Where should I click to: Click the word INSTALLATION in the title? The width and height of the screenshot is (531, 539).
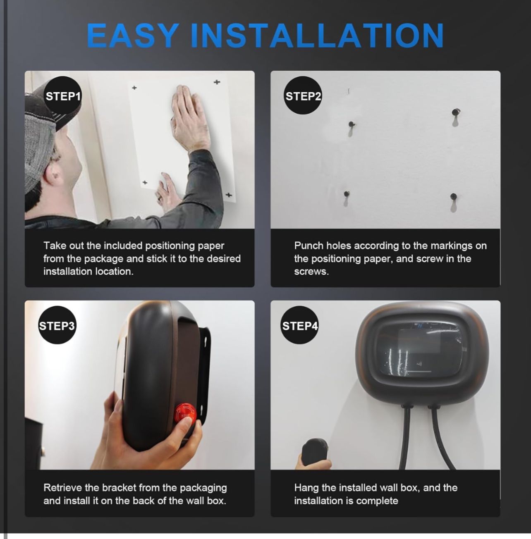click(x=317, y=36)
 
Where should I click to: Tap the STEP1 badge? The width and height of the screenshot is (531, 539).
click(x=63, y=96)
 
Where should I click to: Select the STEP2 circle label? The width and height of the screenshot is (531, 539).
click(x=303, y=96)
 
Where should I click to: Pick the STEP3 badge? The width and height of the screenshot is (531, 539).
click(x=57, y=326)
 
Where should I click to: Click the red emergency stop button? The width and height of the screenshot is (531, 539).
click(x=185, y=415)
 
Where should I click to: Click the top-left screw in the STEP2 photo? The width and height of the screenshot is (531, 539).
click(x=352, y=124)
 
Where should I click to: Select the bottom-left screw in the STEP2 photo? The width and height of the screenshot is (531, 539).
click(x=347, y=194)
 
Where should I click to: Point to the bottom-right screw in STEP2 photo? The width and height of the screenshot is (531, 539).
click(x=454, y=196)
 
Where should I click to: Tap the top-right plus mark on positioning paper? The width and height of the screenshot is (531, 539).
click(x=217, y=82)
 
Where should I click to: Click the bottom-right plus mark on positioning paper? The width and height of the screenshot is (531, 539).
click(x=229, y=195)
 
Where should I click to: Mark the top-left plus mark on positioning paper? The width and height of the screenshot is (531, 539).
click(x=134, y=88)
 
